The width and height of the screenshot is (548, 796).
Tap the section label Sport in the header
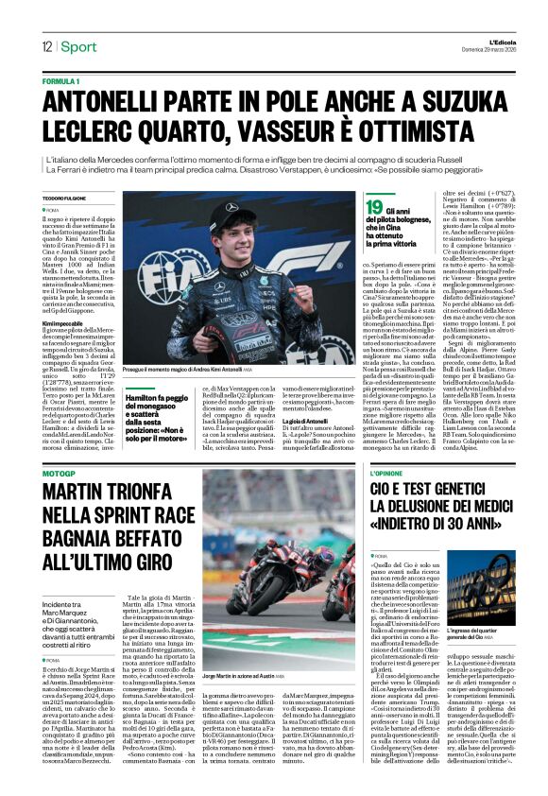pos(79,46)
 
